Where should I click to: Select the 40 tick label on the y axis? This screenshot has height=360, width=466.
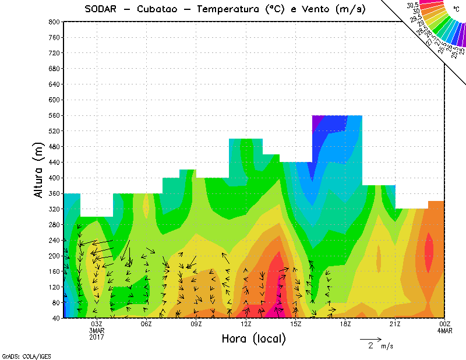[57, 318]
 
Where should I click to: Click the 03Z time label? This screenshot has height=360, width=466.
[97, 324]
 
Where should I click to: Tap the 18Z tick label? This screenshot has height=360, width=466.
[345, 324]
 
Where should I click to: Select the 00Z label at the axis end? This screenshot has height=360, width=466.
[444, 324]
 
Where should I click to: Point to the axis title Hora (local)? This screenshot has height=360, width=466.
[253, 338]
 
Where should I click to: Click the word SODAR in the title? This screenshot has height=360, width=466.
[103, 9]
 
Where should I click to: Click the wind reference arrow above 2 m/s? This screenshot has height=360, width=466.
[370, 338]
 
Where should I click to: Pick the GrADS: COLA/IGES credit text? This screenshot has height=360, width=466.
[21, 355]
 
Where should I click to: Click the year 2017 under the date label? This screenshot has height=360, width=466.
[97, 336]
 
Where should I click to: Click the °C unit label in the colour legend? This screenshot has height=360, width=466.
[455, 9]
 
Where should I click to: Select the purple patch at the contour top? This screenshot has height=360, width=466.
[317, 120]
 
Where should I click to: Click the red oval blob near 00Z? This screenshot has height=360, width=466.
[429, 252]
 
